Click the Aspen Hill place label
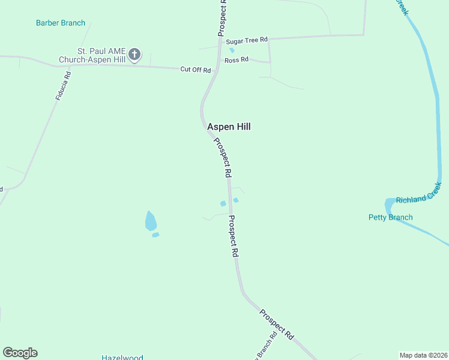coord(229,127)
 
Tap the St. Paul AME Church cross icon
coord(135,55)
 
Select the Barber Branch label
coord(61,23)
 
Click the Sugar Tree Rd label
coord(246,41)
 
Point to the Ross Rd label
coord(237,60)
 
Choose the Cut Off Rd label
coord(196,70)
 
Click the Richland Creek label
coord(418,198)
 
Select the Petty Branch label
coord(391,217)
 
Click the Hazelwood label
coord(122,358)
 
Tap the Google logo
coord(20,353)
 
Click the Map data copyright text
coord(424,355)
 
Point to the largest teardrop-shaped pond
coord(151,221)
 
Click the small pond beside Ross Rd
coord(232,50)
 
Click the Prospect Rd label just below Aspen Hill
coord(223,157)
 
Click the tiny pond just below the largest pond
coord(155,235)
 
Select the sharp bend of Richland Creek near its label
coord(389,205)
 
